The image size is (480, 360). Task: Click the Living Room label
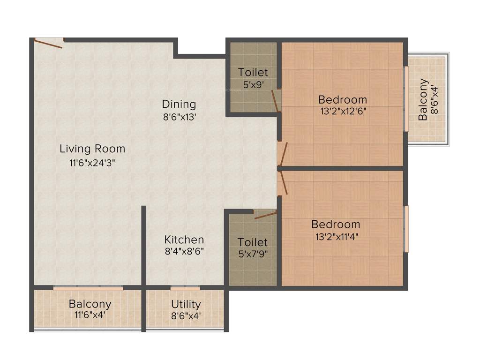(92, 149)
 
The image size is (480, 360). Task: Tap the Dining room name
(179, 104)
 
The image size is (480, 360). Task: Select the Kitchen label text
(184, 240)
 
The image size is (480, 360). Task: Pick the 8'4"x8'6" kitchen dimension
(184, 251)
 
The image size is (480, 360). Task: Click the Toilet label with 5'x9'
(253, 72)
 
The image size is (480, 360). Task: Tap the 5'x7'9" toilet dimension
(253, 255)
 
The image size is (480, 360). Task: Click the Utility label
(186, 304)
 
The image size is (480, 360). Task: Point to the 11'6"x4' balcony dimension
(90, 315)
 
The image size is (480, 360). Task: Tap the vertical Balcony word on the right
(423, 100)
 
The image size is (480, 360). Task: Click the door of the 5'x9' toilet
(276, 100)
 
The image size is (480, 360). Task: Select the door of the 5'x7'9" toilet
(265, 215)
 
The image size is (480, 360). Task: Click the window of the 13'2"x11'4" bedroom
(406, 229)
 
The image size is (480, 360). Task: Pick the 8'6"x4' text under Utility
(186, 315)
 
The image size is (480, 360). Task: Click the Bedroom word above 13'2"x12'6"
(342, 99)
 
